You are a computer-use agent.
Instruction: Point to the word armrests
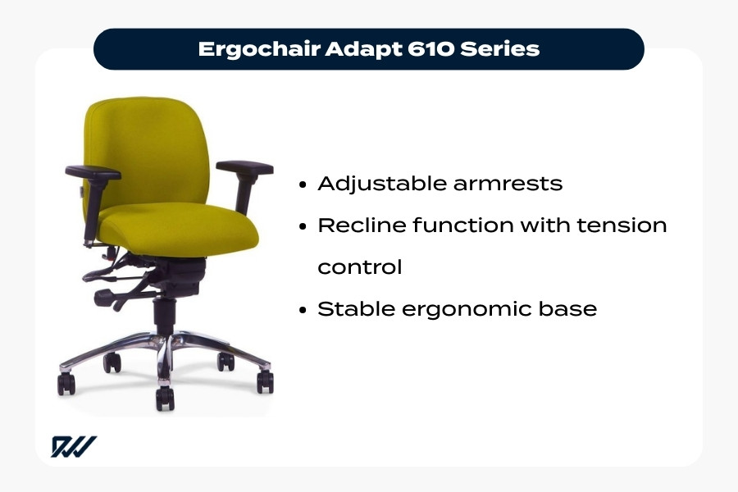508,184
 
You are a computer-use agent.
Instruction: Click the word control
359,268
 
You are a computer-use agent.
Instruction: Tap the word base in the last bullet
571,309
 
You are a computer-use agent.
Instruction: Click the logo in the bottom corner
74,446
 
